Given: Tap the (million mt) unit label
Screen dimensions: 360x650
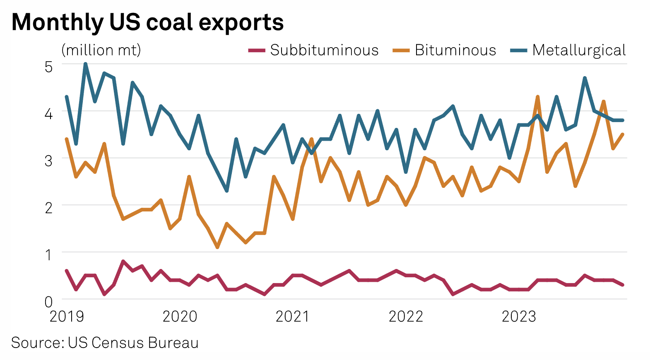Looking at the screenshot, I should point(101,50).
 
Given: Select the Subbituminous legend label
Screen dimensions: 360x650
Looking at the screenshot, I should point(324,50).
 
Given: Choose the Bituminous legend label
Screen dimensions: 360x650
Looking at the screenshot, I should point(455,50).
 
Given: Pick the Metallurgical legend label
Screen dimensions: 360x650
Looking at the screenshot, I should point(579,50).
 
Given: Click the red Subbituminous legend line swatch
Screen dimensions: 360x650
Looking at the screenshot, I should point(257,50).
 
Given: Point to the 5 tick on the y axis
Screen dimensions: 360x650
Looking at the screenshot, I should point(48,66).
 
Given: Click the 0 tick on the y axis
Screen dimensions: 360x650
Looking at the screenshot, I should point(48,301).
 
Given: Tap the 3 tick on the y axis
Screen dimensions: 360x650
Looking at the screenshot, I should point(48,160).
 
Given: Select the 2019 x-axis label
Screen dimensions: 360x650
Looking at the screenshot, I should point(67,317).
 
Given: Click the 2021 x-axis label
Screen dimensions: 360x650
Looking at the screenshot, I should point(292,317).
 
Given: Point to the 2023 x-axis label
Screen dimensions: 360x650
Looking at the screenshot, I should point(518,317).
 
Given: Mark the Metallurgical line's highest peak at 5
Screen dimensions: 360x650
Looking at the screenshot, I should point(85,64).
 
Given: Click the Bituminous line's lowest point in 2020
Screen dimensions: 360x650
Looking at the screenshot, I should point(217,247).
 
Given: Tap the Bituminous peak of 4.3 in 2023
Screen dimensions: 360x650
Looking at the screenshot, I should point(537,97).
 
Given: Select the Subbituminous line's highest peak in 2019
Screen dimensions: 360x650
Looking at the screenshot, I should point(123,261).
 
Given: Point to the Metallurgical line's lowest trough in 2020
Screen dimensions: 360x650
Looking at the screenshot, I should point(227,191).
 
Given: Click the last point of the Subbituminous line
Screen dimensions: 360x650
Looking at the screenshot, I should point(622,285).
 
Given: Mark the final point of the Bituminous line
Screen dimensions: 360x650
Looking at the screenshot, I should point(622,134).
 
